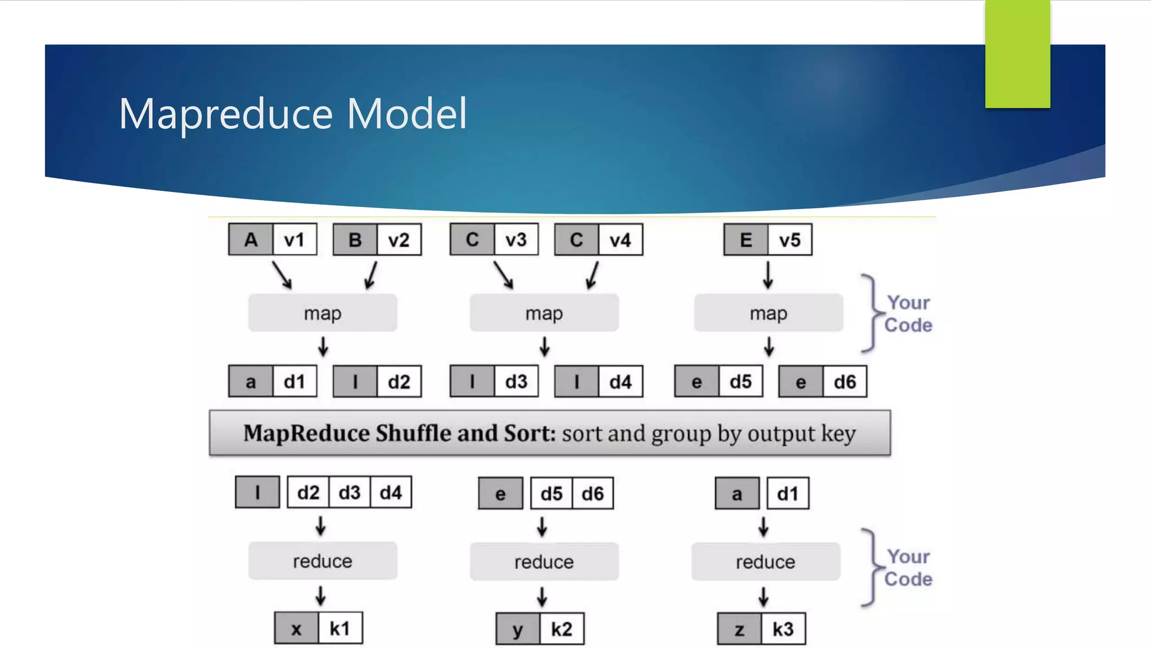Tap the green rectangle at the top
[x=1017, y=53]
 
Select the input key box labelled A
[x=251, y=240]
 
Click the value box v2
[x=399, y=240]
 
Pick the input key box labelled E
[x=746, y=240]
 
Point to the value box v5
[x=790, y=240]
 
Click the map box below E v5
[x=768, y=313]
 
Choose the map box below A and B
[x=323, y=313]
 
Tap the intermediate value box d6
[x=845, y=382]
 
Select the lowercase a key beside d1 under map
[x=251, y=382]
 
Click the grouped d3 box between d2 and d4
[x=350, y=493]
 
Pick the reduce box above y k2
[x=544, y=561]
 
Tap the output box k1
[x=340, y=628]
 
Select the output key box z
[x=740, y=629]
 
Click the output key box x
[x=296, y=628]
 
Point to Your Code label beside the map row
[x=908, y=314]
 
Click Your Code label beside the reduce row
[x=908, y=568]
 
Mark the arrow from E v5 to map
[x=768, y=274]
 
